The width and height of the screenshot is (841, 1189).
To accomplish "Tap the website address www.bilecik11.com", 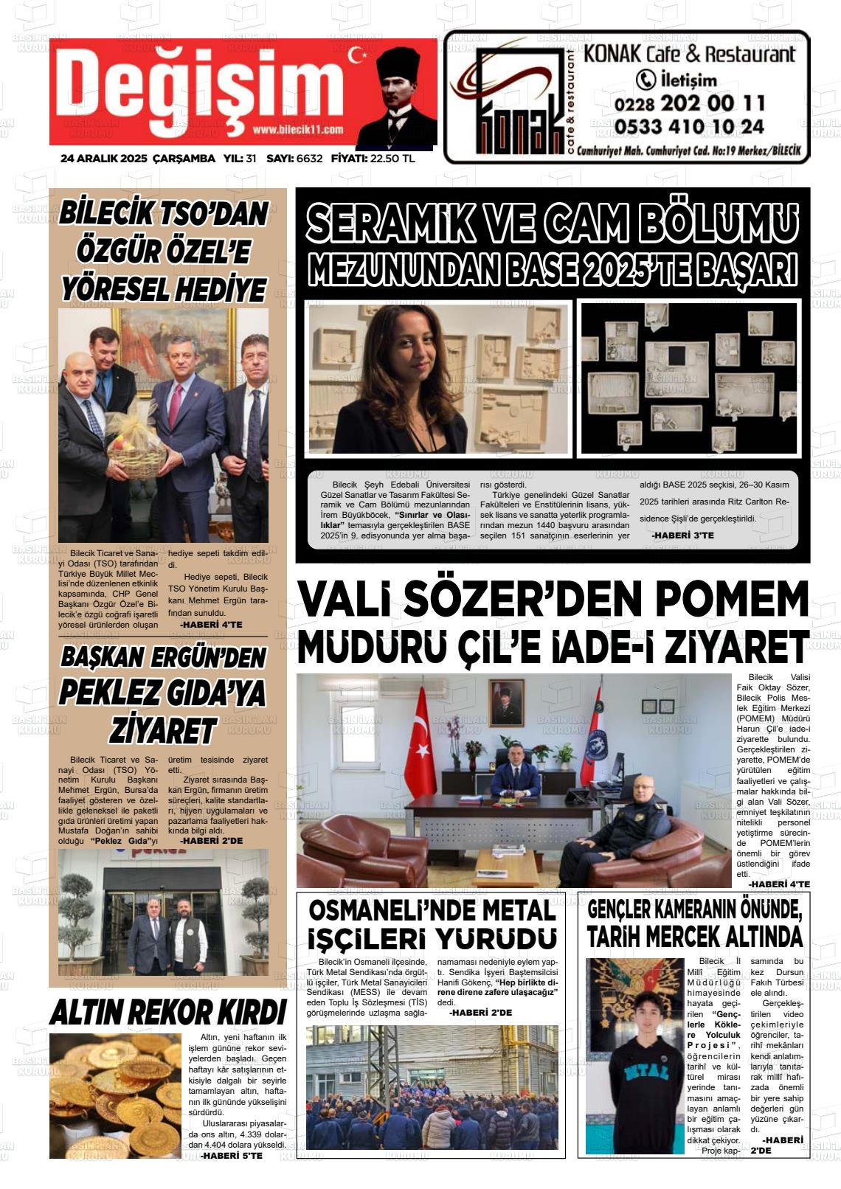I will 297,130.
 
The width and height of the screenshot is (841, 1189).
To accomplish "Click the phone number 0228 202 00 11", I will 690,103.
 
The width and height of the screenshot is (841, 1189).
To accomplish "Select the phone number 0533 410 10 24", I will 689,127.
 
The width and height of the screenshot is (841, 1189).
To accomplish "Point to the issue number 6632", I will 309,159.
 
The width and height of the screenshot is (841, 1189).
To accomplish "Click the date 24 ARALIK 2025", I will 104,159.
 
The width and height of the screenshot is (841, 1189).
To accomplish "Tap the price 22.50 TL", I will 392,159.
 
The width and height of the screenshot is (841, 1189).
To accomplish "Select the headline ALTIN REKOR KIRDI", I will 168,1013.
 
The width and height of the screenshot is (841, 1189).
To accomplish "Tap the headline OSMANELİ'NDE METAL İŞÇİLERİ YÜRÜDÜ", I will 432,924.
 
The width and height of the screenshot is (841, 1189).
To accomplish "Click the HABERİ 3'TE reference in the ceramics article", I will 683,535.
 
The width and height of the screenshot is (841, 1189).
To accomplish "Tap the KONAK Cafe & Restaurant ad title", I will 690,54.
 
